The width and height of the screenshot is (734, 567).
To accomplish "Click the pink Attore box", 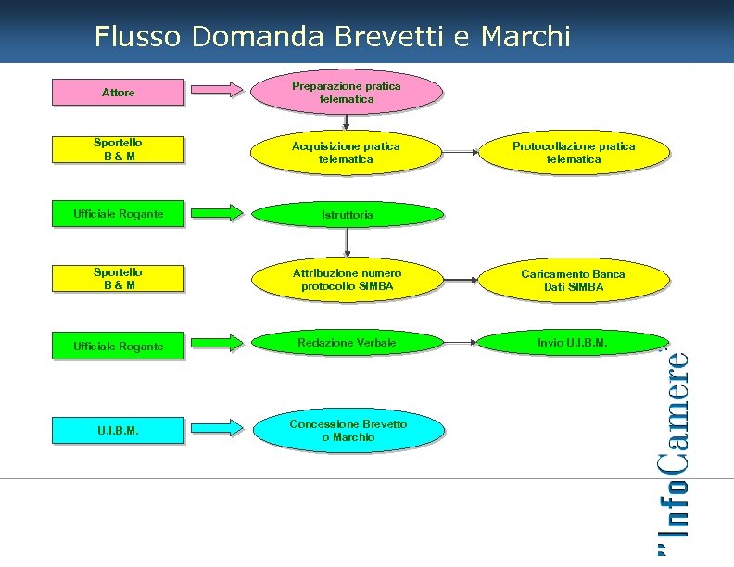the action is click(x=118, y=93).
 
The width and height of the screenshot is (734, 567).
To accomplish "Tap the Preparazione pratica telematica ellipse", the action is click(x=347, y=92).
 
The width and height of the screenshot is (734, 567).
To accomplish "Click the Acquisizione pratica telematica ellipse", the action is click(x=347, y=153).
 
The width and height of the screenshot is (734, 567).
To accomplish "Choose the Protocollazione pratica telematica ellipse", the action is click(x=574, y=153).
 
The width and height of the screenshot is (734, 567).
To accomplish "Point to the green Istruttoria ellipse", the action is click(x=347, y=214).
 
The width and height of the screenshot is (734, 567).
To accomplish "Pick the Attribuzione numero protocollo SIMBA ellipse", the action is click(x=347, y=280).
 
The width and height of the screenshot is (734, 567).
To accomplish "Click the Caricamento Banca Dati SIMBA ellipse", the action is click(x=574, y=280).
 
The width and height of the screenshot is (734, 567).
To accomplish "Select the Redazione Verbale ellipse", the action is click(x=347, y=343).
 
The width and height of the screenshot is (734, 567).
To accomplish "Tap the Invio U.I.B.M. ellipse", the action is click(x=574, y=343).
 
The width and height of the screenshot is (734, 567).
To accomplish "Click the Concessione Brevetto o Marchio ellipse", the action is click(x=347, y=430).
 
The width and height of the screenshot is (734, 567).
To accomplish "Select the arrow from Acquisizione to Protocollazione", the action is click(x=461, y=152).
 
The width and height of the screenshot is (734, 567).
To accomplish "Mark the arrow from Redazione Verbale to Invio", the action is click(x=461, y=343).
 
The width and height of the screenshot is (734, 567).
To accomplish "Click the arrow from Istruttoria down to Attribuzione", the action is click(x=347, y=241).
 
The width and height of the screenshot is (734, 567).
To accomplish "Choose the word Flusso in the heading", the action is click(x=138, y=36).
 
